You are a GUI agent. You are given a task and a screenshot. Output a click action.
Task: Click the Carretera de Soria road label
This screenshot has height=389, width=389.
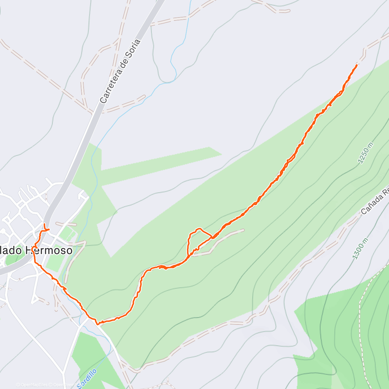tap(120, 71)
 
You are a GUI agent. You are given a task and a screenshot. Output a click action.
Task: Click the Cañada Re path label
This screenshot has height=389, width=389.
tap(375, 201)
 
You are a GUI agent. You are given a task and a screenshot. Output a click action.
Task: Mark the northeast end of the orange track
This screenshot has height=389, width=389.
tap(357, 65)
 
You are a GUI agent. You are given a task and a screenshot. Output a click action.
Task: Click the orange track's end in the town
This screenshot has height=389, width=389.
tap(44, 224)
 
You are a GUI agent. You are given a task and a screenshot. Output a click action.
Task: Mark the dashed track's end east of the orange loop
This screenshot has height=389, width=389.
tap(243, 230)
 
